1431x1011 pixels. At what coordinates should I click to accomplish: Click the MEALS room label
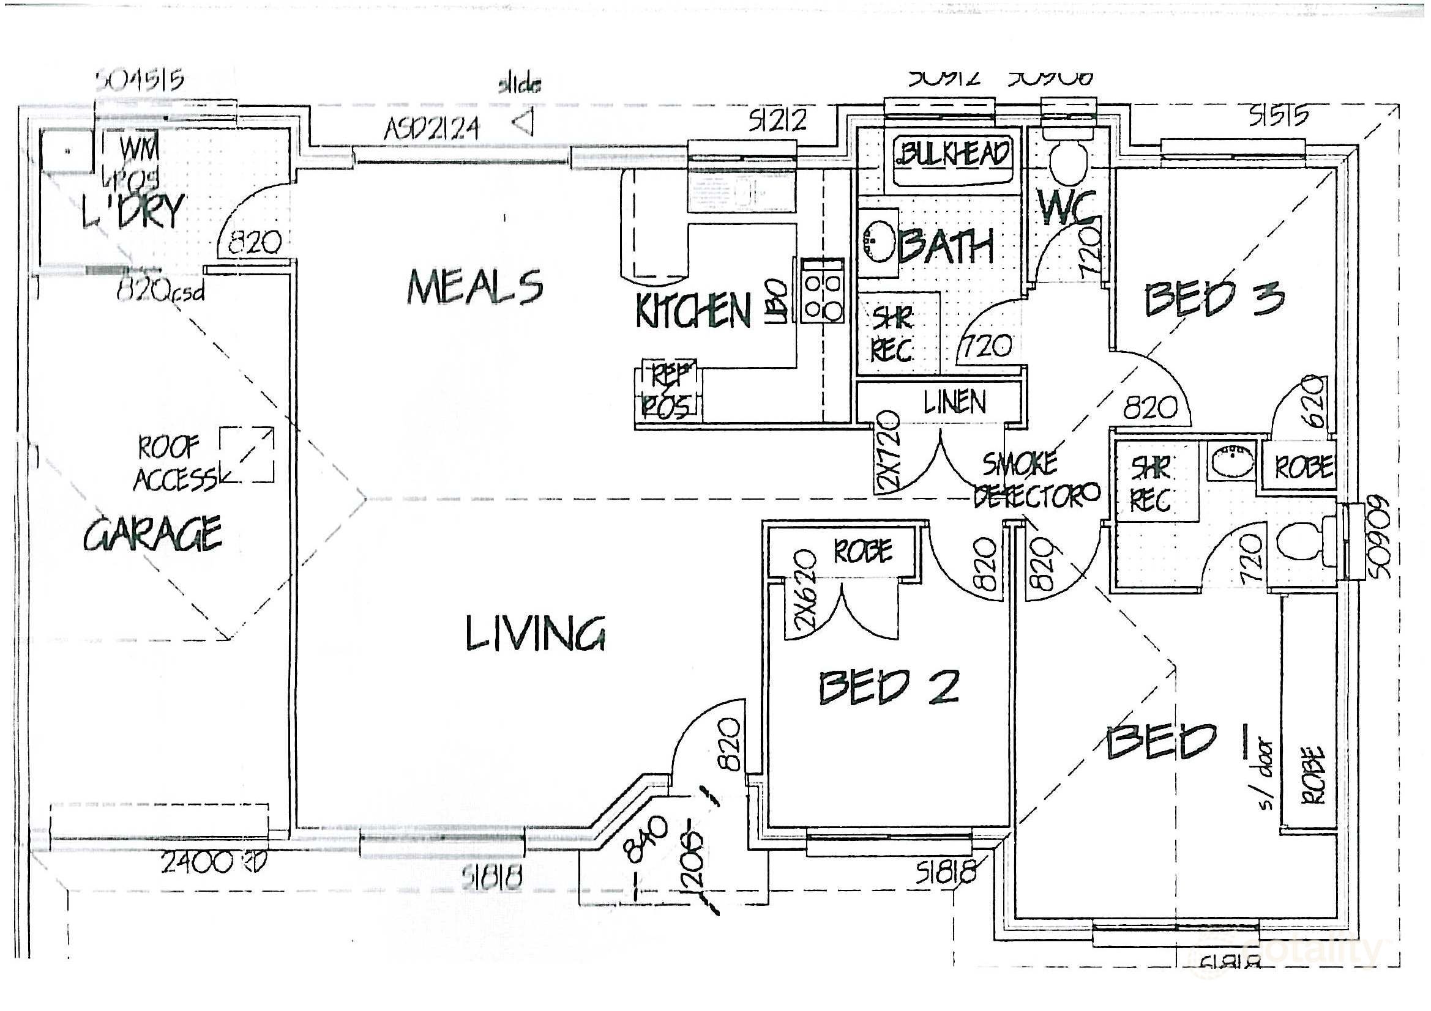475,287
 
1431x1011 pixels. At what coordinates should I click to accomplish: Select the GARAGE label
153,534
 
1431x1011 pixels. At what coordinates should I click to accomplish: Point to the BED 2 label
888,687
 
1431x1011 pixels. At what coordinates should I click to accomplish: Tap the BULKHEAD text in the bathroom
952,153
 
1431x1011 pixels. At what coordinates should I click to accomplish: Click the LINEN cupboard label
955,403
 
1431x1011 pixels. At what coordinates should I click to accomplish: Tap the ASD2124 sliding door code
432,130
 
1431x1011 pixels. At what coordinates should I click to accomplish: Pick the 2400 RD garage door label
213,863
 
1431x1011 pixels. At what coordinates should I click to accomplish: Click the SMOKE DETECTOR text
1034,480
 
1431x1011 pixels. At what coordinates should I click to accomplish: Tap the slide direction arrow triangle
523,122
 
